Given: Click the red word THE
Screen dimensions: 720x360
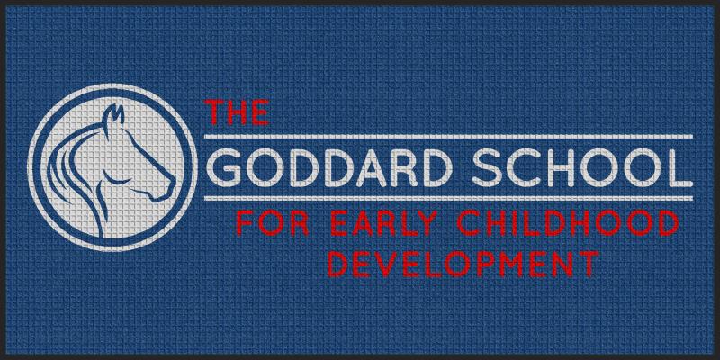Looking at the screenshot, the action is (237, 112).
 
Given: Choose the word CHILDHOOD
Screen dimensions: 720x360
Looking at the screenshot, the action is (568, 223).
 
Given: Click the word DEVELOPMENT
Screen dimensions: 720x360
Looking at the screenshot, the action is (463, 264).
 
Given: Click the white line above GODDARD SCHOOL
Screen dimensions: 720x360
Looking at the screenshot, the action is (448, 137).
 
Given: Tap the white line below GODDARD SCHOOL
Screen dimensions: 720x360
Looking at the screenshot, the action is (448, 198).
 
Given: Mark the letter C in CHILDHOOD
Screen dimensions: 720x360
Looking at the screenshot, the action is (467, 223).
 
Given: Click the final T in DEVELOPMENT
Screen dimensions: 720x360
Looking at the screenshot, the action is (589, 264).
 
